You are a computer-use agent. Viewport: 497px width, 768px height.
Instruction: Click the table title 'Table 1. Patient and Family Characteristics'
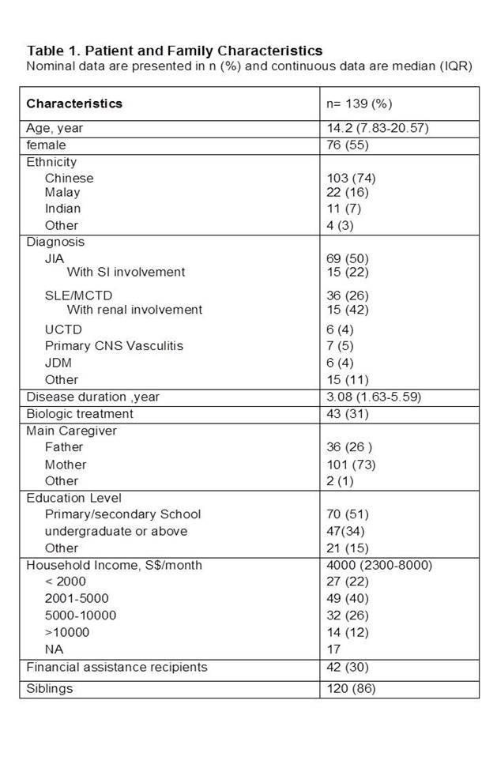[174, 51]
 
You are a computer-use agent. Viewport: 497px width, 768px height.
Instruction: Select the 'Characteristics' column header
[74, 104]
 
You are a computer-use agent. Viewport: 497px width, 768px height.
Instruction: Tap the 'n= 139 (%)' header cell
[360, 104]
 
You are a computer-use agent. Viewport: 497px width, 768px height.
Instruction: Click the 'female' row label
[46, 145]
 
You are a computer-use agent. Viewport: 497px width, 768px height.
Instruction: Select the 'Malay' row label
[62, 192]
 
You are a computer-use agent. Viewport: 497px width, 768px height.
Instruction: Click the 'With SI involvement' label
[126, 272]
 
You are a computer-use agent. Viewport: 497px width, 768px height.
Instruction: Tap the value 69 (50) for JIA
[348, 258]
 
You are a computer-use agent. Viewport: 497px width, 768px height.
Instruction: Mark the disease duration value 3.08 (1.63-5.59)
[378, 397]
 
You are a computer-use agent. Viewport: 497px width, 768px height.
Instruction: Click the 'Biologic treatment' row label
[80, 413]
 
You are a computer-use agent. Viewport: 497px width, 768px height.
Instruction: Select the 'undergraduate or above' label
[116, 531]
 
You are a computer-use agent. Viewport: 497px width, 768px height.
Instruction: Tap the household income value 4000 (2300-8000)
[379, 565]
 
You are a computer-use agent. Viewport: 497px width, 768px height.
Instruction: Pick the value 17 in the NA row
[335, 649]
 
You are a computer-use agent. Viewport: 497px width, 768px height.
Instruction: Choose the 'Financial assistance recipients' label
[117, 667]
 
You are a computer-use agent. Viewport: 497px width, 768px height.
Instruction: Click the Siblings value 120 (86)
[352, 688]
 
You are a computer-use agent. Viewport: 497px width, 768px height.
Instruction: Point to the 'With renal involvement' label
[134, 309]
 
